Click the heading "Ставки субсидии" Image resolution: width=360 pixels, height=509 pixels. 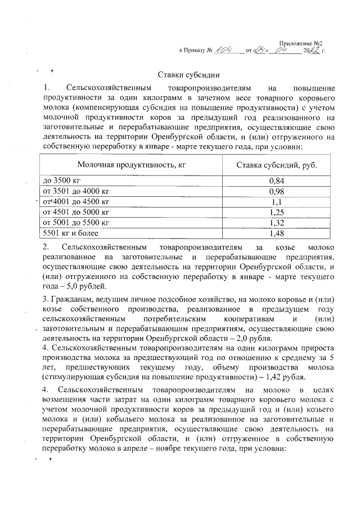coord(187,76)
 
